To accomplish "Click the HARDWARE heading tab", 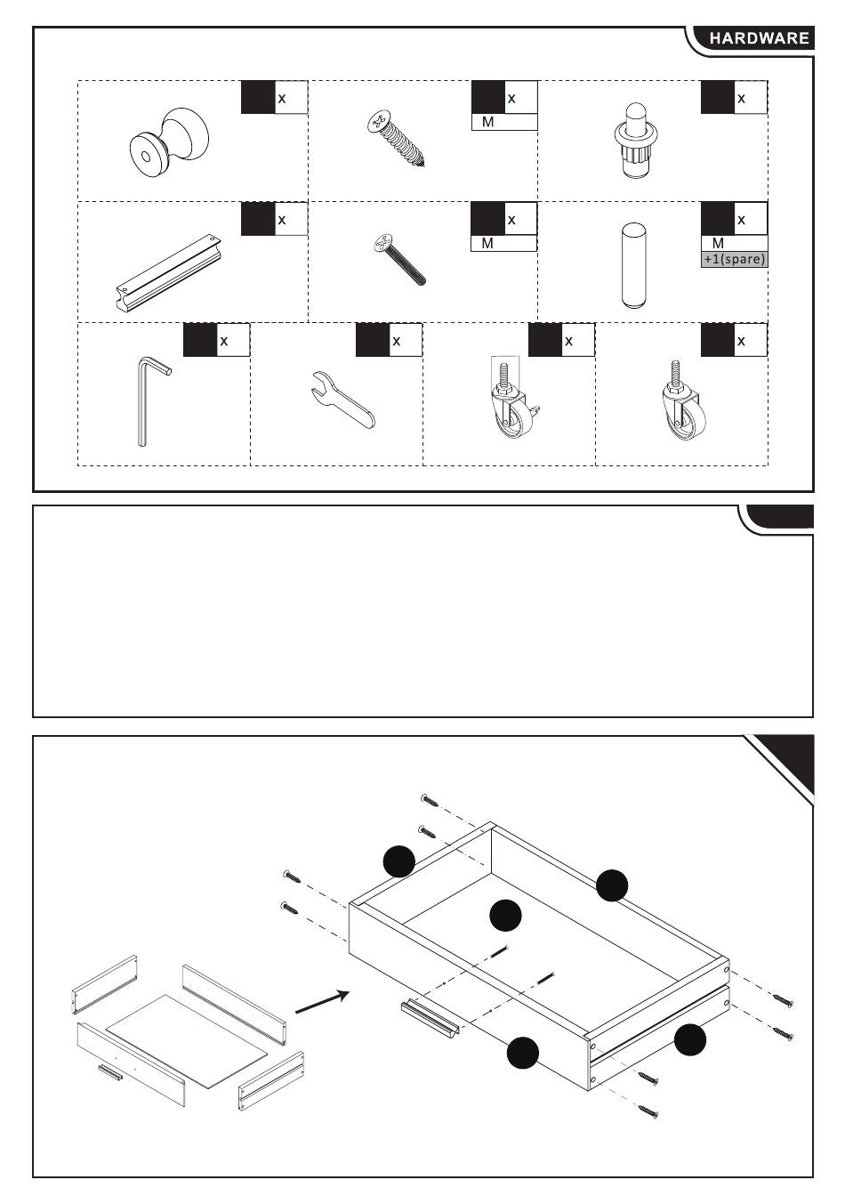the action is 758,38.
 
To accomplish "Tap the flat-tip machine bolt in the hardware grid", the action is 399,259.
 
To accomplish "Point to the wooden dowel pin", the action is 633,265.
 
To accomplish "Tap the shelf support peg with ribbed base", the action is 636,141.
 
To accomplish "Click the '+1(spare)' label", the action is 735,259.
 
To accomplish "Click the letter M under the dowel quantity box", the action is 718,243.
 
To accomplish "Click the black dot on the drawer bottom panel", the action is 505,915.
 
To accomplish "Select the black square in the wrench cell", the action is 373,340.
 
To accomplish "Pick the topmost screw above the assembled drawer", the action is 430,800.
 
